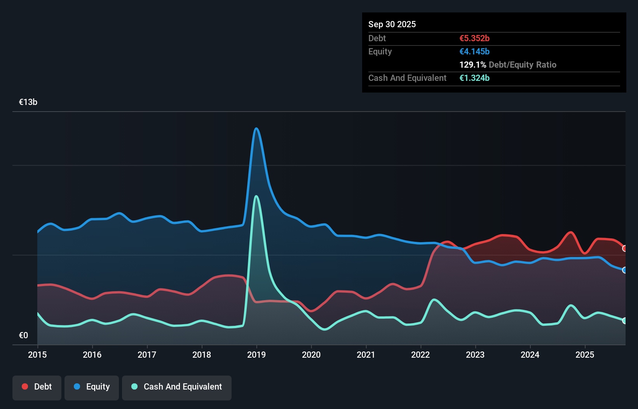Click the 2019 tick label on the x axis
coord(256,355)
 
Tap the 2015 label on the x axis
coord(37,355)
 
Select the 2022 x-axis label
coord(420,355)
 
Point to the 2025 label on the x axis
coord(585,355)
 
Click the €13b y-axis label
coord(28,102)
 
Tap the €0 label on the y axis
coord(23,335)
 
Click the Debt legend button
coord(37,387)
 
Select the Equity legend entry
coord(92,387)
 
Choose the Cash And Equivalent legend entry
coord(177,387)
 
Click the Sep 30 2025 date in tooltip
coord(392,24)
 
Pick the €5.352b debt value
coord(474,38)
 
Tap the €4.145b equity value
coord(474,51)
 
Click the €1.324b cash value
coord(474,78)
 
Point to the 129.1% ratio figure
coord(472,65)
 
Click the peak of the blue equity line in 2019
coord(256,128)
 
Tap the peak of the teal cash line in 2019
coord(256,196)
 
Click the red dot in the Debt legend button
coord(25,386)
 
